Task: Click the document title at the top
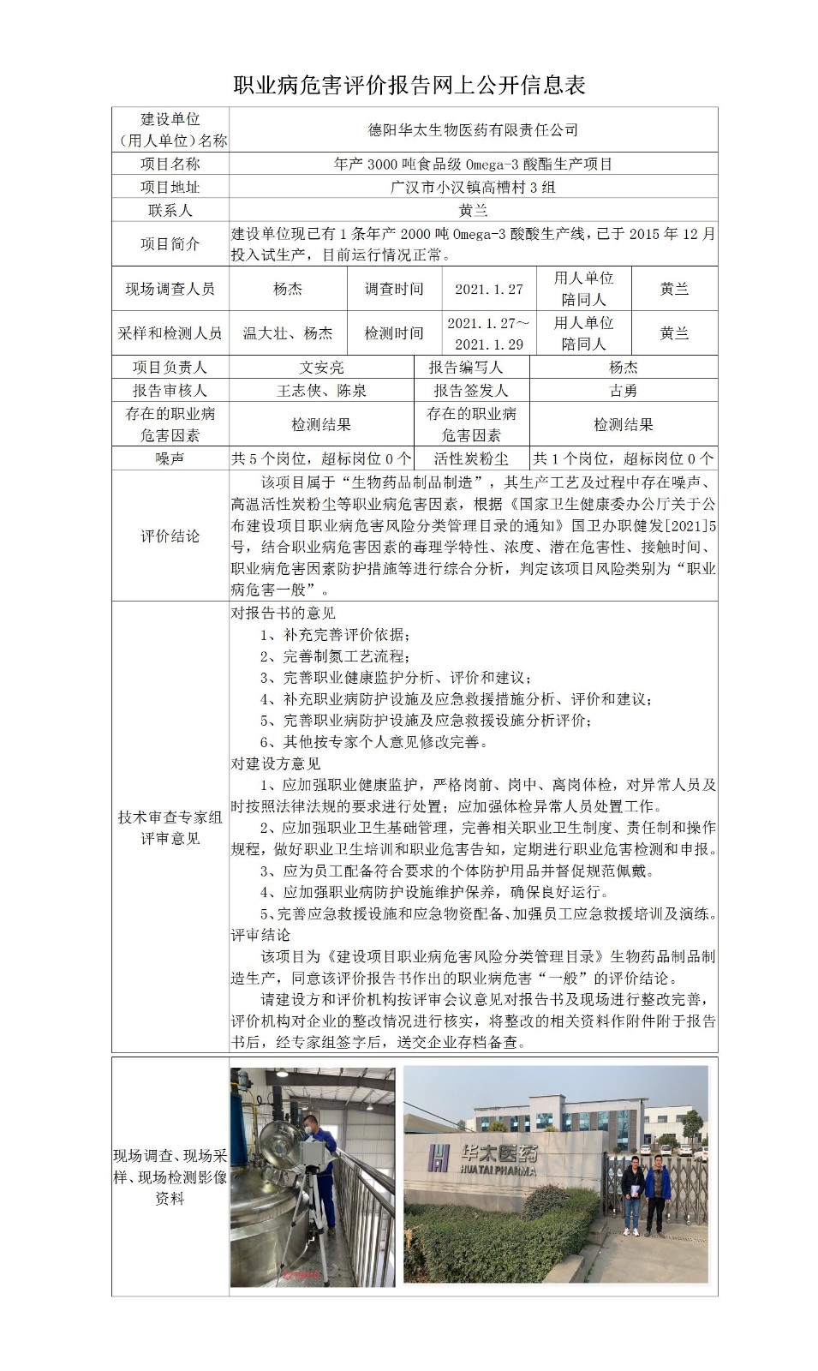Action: point(409,85)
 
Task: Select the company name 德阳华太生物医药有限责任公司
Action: point(473,130)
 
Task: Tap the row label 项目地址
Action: point(170,187)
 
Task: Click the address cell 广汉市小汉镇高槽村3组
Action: point(473,187)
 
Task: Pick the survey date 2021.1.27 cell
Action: point(488,290)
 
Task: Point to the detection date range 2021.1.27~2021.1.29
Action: point(488,333)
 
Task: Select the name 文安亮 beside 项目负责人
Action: point(322,368)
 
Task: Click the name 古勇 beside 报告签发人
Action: point(623,391)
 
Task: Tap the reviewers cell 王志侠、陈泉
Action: point(322,391)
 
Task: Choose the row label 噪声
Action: point(170,459)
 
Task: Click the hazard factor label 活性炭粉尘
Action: point(471,459)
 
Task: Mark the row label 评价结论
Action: point(170,536)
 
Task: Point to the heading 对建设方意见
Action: point(276,763)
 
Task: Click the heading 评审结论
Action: point(261,935)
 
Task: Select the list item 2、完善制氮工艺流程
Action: point(332,656)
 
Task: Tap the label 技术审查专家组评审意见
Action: point(170,828)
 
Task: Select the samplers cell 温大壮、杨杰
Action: point(288,333)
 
